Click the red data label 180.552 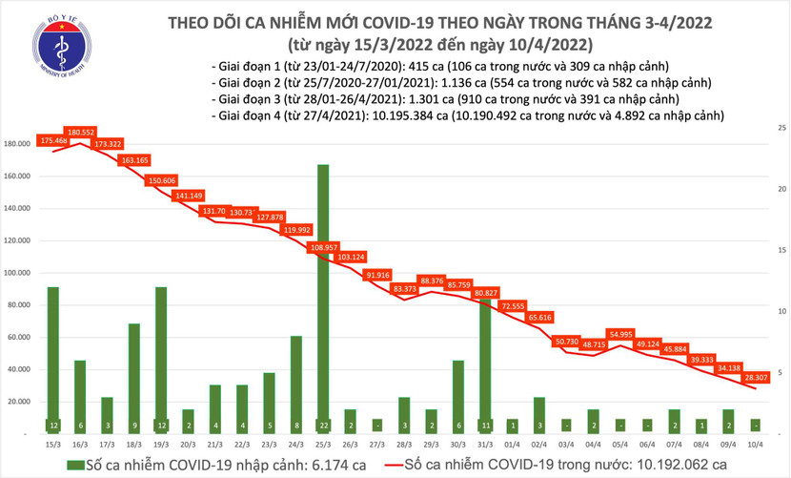coord(79,132)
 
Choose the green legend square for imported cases coord(75,465)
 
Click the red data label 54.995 coord(622,334)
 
